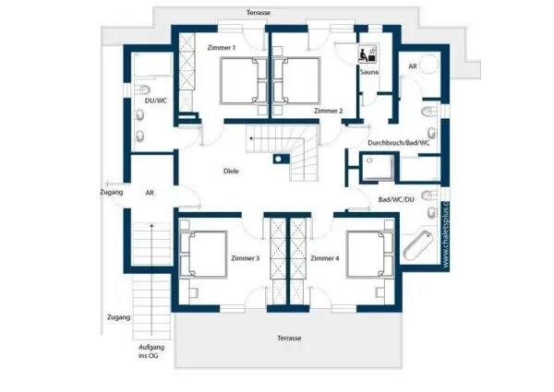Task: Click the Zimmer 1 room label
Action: [x=222, y=47]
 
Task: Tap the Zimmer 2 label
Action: [x=328, y=111]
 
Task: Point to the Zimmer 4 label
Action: [x=325, y=257]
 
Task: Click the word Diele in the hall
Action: [x=232, y=171]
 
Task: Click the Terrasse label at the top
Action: [x=260, y=12]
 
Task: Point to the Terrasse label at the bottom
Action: [x=288, y=339]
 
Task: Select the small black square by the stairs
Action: [x=276, y=158]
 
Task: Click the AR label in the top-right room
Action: [x=412, y=67]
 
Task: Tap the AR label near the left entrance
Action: [x=150, y=193]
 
